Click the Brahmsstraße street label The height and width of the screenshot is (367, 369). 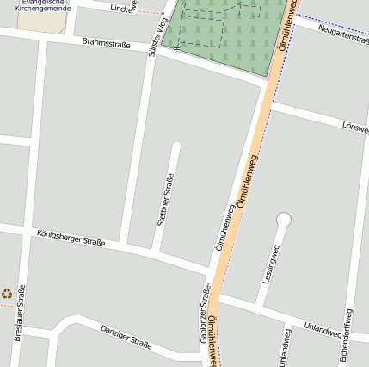pyautogui.click(x=106, y=42)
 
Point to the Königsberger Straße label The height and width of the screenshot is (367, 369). pyautogui.click(x=71, y=237)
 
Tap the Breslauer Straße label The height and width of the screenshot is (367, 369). pyautogui.click(x=20, y=320)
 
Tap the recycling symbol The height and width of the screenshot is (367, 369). pyautogui.click(x=7, y=294)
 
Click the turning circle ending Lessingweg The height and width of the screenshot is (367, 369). pyautogui.click(x=283, y=220)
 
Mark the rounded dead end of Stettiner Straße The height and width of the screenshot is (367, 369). pyautogui.click(x=176, y=146)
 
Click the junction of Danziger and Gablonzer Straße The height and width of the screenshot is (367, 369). pyautogui.click(x=203, y=354)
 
